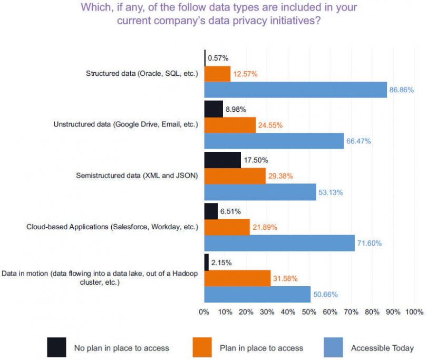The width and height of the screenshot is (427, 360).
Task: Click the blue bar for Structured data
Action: pyautogui.click(x=295, y=90)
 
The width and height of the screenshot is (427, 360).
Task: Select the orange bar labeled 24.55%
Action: pyautogui.click(x=229, y=125)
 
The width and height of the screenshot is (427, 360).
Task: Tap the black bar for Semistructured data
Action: pyautogui.click(x=222, y=160)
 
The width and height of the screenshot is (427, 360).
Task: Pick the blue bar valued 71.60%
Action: pyautogui.click(x=279, y=243)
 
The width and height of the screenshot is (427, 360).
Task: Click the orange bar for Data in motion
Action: pyautogui.click(x=237, y=278)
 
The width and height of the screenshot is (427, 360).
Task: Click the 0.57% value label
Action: pyautogui.click(x=218, y=58)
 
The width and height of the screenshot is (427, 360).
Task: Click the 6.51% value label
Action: pyautogui.click(x=230, y=211)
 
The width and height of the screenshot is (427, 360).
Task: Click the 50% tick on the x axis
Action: pyautogui.click(x=309, y=312)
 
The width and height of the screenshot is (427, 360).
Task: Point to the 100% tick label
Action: pyautogui.click(x=413, y=312)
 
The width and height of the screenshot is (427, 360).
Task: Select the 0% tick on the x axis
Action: pyautogui.click(x=204, y=312)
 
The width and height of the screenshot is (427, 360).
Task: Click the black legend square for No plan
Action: pyautogui.click(x=56, y=347)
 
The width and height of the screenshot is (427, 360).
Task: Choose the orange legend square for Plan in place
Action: pyautogui.click(x=202, y=347)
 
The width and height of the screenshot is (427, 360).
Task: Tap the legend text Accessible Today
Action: pyautogui.click(x=382, y=348)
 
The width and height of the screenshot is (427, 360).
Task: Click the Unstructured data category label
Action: pyautogui.click(x=125, y=125)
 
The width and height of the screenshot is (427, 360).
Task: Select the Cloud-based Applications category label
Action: pyautogui.click(x=112, y=227)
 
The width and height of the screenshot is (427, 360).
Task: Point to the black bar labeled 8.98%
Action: pyautogui.click(x=213, y=109)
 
